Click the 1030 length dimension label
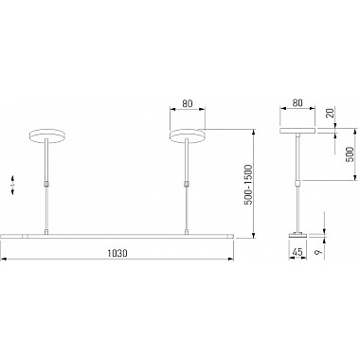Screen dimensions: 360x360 [x=117, y=253]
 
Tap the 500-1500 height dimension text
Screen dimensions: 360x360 [x=249, y=185]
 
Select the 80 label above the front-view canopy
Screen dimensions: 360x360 [x=188, y=103]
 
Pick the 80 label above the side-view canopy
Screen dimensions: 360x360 [x=297, y=103]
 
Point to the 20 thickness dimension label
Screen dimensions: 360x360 [x=331, y=113]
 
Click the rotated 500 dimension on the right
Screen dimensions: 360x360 [x=350, y=154]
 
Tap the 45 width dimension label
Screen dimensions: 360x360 [x=297, y=252]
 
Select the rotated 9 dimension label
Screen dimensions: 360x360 [x=319, y=252]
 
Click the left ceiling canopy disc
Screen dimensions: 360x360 [x=47, y=136]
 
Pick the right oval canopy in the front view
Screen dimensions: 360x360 [x=188, y=136]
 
